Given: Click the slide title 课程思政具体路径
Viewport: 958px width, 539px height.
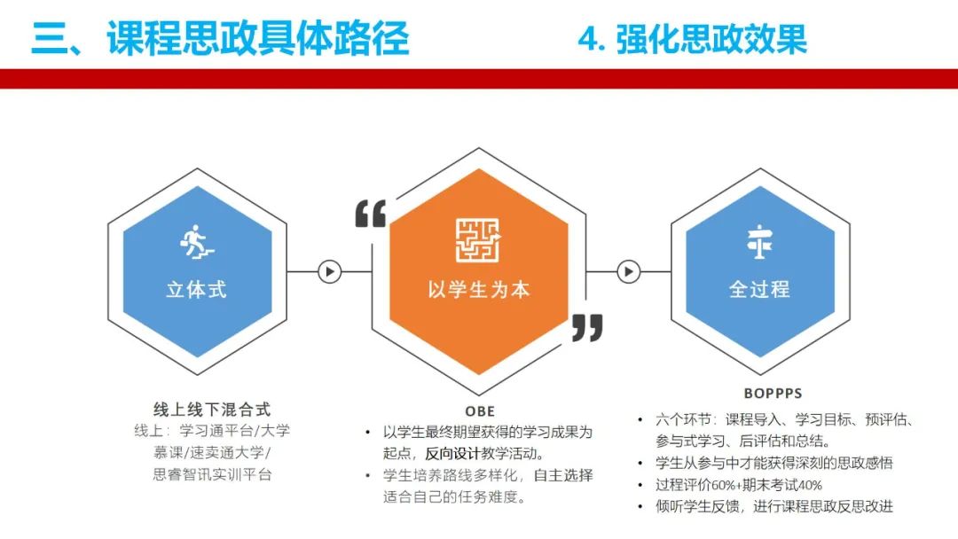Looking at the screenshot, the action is [257, 38].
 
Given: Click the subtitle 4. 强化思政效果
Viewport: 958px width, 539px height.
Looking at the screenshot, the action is [692, 38].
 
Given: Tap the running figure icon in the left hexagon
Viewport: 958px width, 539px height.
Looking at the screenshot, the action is [197, 242].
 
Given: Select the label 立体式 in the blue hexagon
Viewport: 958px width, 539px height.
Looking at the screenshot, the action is [197, 289].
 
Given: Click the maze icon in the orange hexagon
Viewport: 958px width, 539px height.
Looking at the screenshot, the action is [478, 240].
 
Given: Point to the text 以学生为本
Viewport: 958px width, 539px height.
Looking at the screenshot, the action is [478, 289].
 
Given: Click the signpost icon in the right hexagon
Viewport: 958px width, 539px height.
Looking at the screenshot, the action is [759, 242].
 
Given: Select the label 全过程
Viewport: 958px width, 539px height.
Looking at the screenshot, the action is [759, 289].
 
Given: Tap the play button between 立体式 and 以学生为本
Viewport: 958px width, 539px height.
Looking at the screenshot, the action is [330, 271].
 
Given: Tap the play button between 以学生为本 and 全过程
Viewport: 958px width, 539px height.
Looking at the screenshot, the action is [629, 271].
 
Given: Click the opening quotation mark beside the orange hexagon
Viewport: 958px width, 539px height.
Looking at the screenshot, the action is [371, 214].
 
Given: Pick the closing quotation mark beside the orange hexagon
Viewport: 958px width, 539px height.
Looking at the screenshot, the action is [587, 328].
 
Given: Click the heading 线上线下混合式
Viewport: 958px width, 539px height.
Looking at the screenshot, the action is [212, 409].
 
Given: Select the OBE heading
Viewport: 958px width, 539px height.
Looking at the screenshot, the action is [480, 411].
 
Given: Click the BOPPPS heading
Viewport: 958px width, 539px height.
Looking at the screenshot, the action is [773, 394].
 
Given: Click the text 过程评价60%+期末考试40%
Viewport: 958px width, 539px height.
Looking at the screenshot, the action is [739, 485].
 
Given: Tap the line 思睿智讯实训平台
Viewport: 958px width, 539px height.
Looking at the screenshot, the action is [212, 474].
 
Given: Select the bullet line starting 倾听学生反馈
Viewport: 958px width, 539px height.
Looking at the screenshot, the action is [774, 506].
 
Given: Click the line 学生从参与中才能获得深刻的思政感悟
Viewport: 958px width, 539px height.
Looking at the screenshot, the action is [774, 463].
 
